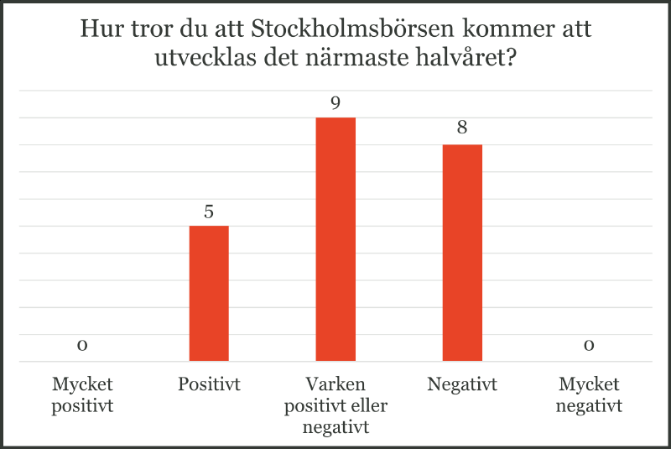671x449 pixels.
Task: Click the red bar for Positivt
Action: point(209,294)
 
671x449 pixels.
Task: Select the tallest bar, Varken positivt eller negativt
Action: point(335,239)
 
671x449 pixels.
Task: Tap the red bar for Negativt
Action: point(462,253)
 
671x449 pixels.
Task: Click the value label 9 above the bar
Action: point(335,103)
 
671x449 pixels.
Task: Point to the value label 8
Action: point(462,130)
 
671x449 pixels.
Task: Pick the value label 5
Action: point(209,211)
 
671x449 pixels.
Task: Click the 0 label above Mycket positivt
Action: point(82,346)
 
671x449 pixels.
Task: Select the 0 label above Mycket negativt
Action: point(589,346)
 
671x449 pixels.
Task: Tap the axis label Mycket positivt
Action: point(82,395)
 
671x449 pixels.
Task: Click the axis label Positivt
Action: point(209,385)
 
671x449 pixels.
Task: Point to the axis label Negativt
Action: point(462,385)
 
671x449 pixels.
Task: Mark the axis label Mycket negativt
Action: point(589,395)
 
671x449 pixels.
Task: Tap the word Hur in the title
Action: point(97,30)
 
